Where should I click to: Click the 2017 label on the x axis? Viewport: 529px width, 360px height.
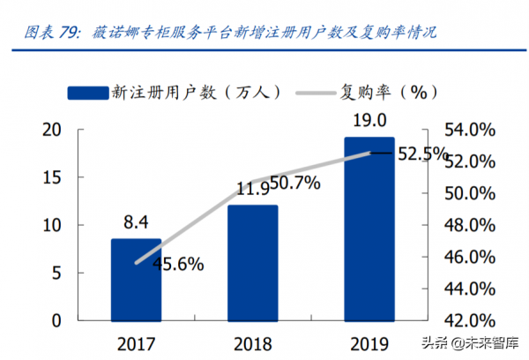pos(136,341)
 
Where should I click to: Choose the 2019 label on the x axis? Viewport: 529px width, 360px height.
pos(369,341)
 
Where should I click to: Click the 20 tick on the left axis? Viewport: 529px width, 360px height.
pos(51,130)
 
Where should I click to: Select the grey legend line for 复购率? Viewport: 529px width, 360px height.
pos(316,90)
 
